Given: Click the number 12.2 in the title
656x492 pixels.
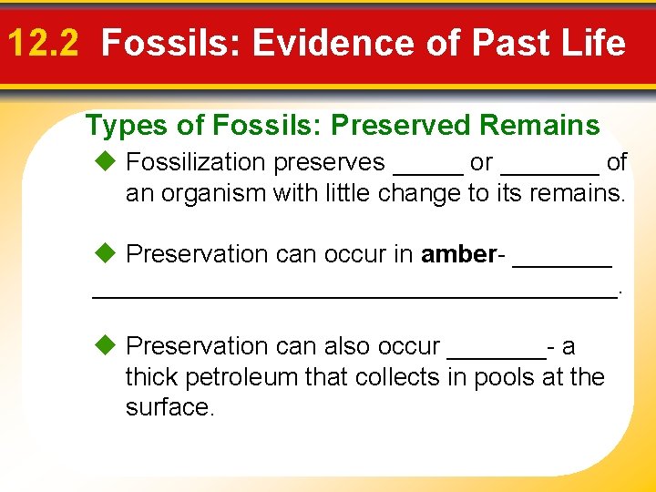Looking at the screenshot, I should [x=46, y=43].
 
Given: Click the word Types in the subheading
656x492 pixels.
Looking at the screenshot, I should [x=121, y=125].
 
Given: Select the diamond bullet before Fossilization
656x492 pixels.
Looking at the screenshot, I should [x=105, y=162].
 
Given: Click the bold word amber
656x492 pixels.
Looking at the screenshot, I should [x=457, y=254].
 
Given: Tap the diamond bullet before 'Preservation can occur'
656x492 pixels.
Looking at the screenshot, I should [x=105, y=254].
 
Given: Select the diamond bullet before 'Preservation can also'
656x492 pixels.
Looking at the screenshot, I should [x=105, y=346].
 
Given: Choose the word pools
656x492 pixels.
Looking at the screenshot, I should [x=502, y=377].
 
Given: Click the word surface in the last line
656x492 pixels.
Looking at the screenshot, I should [x=169, y=407].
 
